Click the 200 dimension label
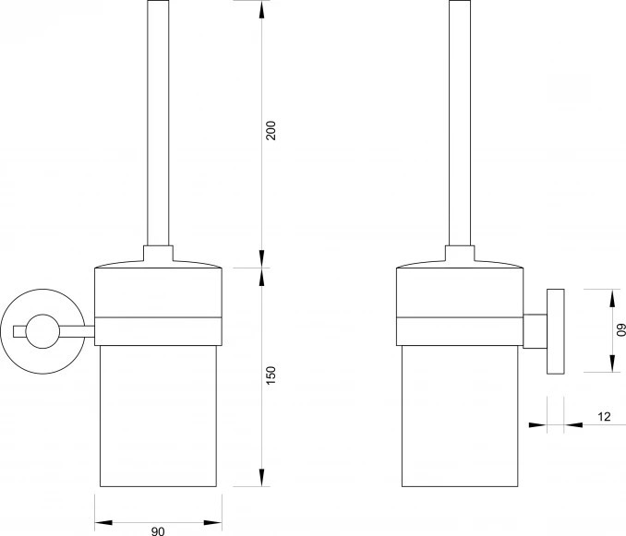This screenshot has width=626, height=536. [271, 130]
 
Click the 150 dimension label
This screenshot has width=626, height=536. [271, 375]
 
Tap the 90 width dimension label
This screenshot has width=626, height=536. [158, 531]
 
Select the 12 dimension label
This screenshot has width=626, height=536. [605, 417]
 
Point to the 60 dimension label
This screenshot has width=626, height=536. [621, 331]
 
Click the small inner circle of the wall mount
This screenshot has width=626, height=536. [42, 331]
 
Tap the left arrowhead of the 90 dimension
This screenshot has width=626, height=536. [103, 522]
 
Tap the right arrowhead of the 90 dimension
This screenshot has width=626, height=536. [212, 522]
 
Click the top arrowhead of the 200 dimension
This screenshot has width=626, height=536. [261, 9]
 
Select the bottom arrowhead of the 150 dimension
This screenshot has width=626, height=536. [261, 477]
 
